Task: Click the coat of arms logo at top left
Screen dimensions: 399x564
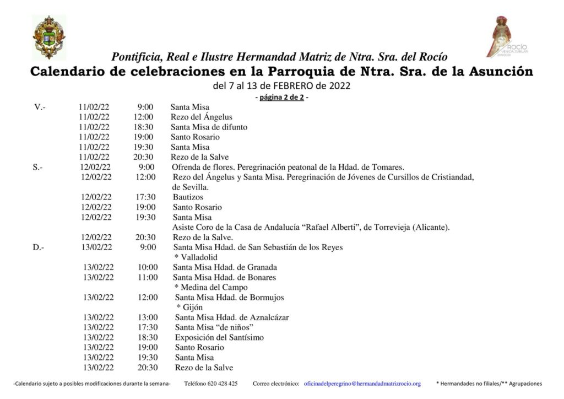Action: (49, 37)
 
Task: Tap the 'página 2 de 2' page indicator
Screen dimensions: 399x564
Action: (281, 98)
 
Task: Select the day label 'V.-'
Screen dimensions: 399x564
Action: (40, 107)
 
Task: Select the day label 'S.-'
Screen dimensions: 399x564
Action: (38, 166)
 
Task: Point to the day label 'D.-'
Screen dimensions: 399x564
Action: (39, 247)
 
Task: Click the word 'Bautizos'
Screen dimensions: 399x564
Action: (188, 197)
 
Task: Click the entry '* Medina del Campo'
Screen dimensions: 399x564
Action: (210, 287)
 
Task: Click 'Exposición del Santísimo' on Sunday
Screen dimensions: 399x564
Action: (219, 337)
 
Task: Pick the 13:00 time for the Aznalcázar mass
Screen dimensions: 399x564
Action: (148, 317)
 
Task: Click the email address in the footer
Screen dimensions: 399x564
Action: (362, 384)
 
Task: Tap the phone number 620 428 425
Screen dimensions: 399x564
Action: (211, 384)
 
